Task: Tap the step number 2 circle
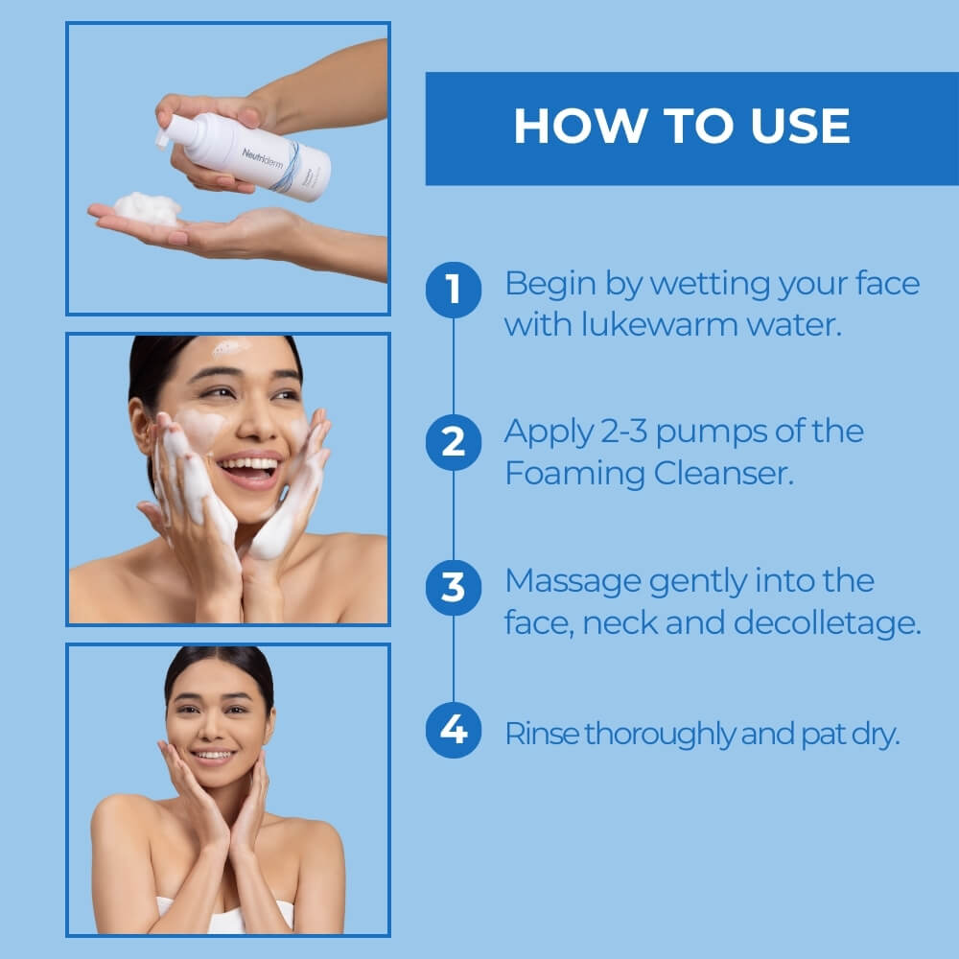[453, 442]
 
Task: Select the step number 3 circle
[453, 587]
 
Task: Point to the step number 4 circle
[453, 731]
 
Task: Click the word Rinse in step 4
[541, 735]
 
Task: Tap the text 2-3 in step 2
[607, 432]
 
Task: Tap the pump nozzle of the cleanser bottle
[163, 135]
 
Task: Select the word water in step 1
[795, 324]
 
